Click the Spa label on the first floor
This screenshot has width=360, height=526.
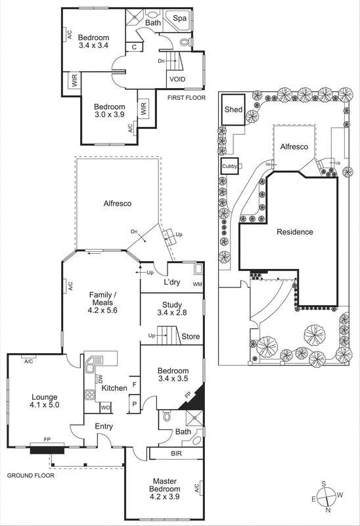click(x=180, y=20)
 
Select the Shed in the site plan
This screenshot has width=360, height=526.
click(x=233, y=110)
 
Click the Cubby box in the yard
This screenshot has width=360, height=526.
click(x=229, y=166)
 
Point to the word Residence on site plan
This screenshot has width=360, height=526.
click(x=294, y=232)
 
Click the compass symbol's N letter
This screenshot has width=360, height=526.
click(x=329, y=510)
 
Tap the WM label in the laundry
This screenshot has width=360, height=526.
click(x=196, y=284)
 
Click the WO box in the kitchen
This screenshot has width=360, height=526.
click(x=104, y=407)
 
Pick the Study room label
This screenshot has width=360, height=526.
click(x=172, y=304)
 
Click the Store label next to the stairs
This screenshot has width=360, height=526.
click(x=191, y=337)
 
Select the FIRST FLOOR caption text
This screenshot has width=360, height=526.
click(x=187, y=98)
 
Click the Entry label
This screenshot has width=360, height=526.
click(x=104, y=427)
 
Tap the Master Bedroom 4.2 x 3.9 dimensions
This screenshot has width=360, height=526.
click(x=164, y=489)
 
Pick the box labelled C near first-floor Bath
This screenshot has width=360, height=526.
click(x=134, y=47)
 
